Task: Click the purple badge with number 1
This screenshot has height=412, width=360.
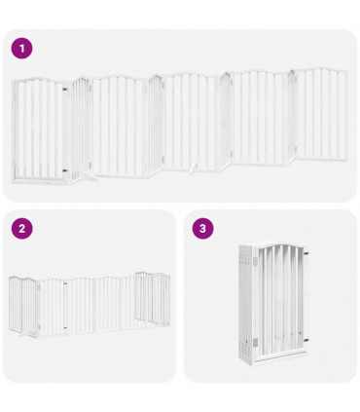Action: [21, 48]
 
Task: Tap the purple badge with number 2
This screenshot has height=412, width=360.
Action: [21, 229]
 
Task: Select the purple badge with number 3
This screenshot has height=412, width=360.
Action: [202, 229]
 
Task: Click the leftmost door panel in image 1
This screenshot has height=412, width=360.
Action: [40, 129]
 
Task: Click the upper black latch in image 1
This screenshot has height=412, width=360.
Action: [65, 92]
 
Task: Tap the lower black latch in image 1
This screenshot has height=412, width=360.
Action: [65, 170]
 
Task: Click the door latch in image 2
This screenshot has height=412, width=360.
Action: [65, 286]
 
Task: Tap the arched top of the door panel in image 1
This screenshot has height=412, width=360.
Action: [40, 83]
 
